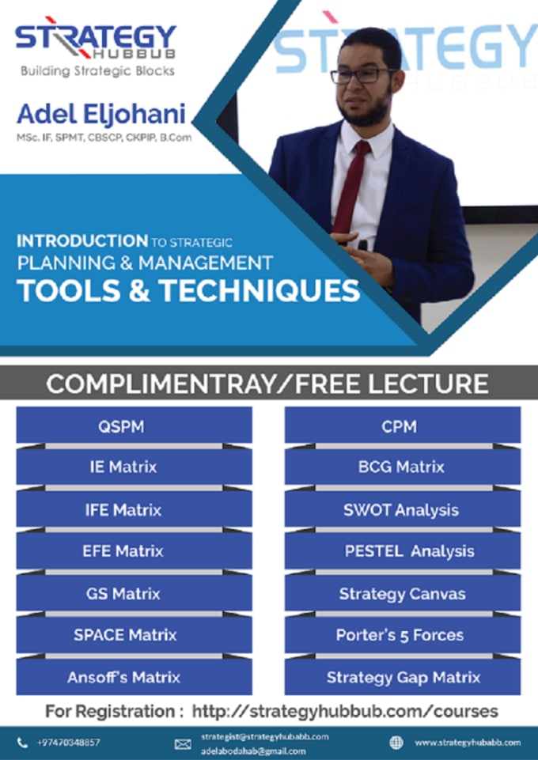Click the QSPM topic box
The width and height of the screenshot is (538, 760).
(134, 425)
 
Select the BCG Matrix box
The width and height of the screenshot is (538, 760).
(402, 467)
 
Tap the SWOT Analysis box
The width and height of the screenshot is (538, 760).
(402, 509)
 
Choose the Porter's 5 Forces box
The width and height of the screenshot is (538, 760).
(402, 634)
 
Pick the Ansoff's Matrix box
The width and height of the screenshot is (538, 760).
(134, 677)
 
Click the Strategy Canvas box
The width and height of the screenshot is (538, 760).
(402, 593)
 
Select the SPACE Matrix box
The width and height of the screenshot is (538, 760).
(134, 634)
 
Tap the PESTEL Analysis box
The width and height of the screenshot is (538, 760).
(402, 551)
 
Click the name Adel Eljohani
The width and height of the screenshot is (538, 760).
(101, 114)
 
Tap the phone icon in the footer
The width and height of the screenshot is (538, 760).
(22, 742)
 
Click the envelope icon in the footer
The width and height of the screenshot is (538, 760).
(183, 743)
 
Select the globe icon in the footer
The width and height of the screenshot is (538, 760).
(396, 742)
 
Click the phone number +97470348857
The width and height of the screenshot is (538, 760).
(69, 742)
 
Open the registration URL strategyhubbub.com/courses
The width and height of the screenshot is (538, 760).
(345, 711)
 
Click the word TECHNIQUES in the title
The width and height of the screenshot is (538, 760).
(260, 290)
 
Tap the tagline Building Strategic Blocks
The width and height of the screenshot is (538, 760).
(97, 70)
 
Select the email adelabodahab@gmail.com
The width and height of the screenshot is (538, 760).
(253, 751)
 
